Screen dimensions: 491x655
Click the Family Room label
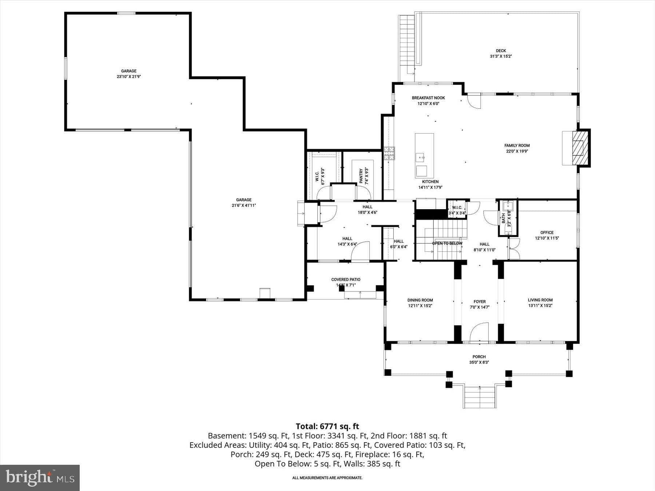click(517, 145)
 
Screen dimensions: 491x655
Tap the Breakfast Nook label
click(428, 98)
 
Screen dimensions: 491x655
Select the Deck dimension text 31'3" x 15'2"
click(501, 56)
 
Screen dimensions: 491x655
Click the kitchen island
click(424, 156)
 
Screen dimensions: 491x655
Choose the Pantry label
click(361, 176)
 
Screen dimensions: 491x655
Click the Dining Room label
click(420, 300)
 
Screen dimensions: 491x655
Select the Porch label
click(479, 357)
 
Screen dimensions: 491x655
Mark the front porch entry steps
click(479, 398)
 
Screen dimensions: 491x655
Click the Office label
click(547, 232)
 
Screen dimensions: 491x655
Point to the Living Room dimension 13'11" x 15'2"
click(540, 306)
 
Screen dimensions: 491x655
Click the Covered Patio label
click(346, 279)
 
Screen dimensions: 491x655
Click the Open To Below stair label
click(447, 243)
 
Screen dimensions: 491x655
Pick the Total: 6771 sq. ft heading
click(327, 426)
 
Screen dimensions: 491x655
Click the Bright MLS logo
click(40, 478)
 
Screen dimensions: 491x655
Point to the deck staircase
click(407, 45)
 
